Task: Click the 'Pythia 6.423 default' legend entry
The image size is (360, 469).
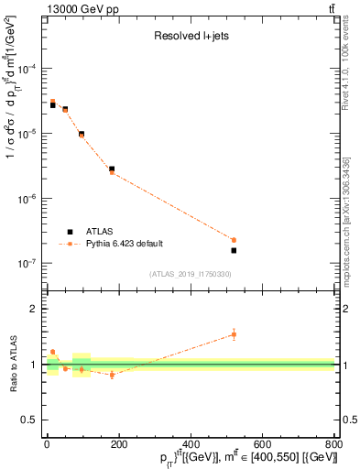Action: click(x=128, y=245)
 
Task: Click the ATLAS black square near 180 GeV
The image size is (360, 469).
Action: click(x=112, y=169)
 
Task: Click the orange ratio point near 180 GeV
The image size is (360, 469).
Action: click(x=112, y=375)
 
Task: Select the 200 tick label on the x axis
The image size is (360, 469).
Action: click(x=118, y=444)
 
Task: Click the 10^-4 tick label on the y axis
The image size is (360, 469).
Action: click(x=28, y=70)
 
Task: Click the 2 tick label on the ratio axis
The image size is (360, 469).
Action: click(x=36, y=310)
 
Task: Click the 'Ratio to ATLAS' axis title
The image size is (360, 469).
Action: click(x=12, y=365)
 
